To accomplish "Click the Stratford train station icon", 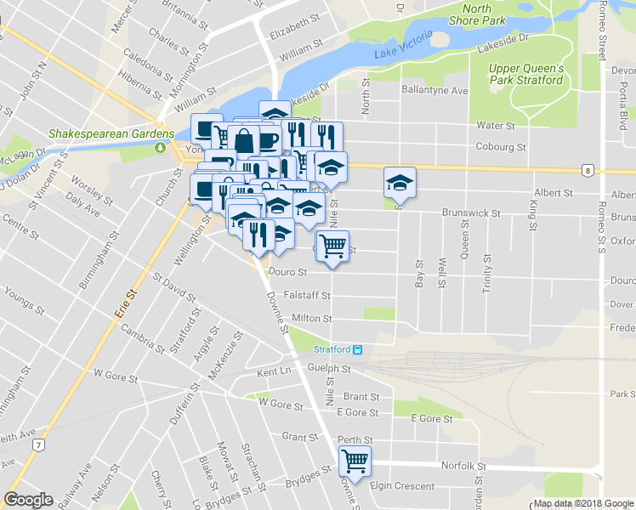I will pos(360,350).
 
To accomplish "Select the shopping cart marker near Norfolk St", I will pos(355,462).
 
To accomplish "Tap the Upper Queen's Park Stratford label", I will pos(526,74).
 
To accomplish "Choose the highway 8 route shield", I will pos(588,171).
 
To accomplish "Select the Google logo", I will pos(28,500).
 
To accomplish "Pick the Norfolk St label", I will pos(463,466).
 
